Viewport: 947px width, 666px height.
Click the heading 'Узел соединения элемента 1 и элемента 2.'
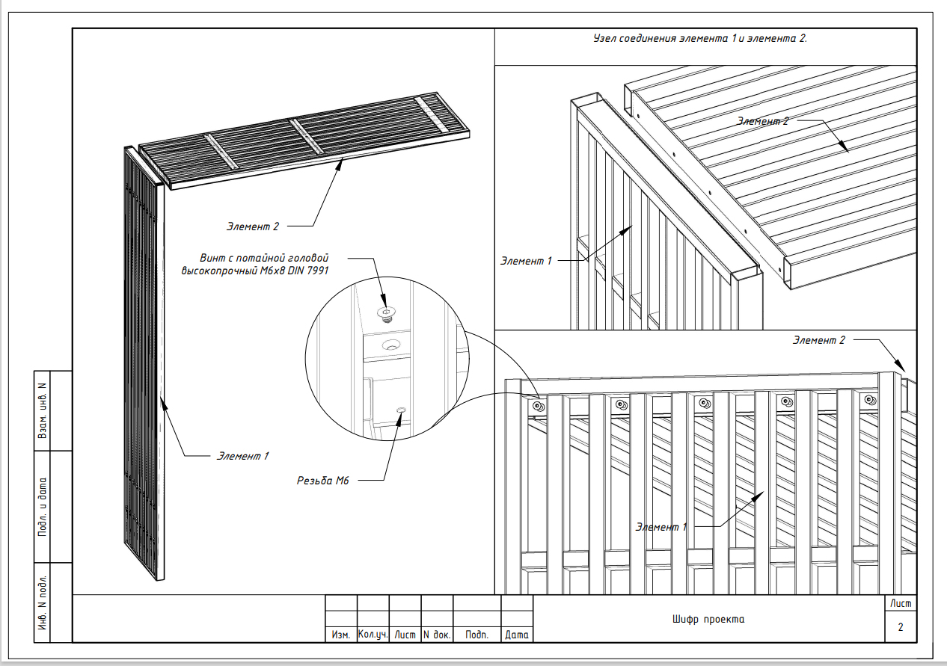tap(700, 38)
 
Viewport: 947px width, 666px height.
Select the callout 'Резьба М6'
tap(323, 481)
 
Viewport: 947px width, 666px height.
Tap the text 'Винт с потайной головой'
tap(264, 258)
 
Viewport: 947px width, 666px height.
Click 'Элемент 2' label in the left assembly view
tap(253, 226)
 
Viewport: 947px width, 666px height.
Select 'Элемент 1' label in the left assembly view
tap(242, 456)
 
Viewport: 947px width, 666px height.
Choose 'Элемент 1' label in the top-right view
tap(527, 261)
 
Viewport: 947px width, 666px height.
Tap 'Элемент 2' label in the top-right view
tap(763, 121)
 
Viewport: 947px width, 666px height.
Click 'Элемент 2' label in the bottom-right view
tap(818, 340)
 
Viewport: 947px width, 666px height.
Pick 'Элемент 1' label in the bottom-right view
tap(661, 527)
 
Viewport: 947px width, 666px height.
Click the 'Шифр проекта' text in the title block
tap(708, 620)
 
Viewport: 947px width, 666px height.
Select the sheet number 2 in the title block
tap(901, 627)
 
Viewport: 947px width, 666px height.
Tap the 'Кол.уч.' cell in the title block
tap(373, 635)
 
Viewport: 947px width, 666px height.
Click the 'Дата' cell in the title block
tap(517, 635)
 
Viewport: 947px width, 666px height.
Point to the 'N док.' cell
tap(437, 635)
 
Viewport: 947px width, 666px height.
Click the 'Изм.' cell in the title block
tap(341, 635)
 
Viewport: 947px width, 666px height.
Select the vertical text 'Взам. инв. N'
tap(43, 411)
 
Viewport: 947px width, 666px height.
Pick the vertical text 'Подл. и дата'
tap(43, 507)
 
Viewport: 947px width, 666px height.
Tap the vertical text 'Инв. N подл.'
tap(43, 603)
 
